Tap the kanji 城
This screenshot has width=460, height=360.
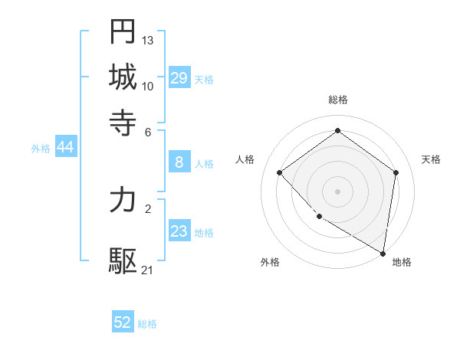click(123, 77)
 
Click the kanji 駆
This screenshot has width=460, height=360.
click(123, 260)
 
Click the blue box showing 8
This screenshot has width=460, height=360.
click(179, 162)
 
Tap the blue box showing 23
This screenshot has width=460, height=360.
click(179, 231)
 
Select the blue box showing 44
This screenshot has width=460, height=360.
click(66, 148)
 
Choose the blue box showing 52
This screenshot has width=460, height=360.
click(123, 322)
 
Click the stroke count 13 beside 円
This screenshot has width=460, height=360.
click(148, 39)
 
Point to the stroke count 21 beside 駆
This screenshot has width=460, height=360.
click(148, 270)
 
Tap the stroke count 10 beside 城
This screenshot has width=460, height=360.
click(148, 86)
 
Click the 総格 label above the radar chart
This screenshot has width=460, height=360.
click(337, 100)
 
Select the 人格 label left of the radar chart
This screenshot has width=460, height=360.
click(245, 159)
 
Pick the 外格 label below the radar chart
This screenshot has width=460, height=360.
click(270, 263)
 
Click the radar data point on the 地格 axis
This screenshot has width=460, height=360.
click(383, 252)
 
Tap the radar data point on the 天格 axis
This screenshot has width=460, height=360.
click(396, 173)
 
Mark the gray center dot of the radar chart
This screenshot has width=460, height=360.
click(337, 191)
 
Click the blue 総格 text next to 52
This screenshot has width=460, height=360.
click(147, 324)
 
